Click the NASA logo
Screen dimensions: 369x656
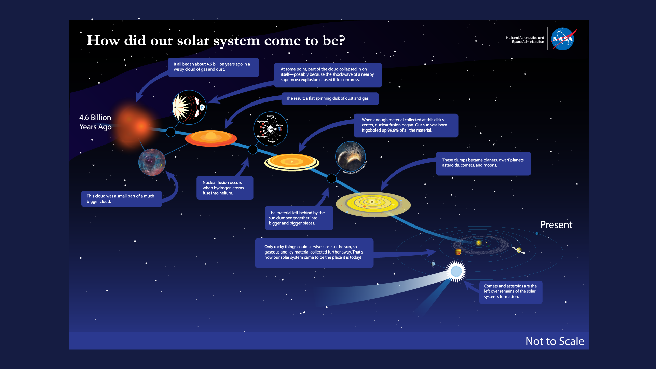coord(563,39)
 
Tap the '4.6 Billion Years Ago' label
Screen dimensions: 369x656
coord(95,122)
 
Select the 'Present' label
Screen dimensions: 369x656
coord(556,225)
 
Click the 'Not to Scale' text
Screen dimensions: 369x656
coord(555,341)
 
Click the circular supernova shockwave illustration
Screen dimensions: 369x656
coord(189,107)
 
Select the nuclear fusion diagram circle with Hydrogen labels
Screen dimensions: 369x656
coord(270,129)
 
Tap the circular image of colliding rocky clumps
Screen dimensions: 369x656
coord(350,156)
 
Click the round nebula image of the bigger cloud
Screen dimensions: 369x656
coord(152,162)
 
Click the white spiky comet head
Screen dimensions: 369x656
coord(456,271)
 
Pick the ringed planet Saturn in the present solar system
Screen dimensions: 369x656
coord(519,250)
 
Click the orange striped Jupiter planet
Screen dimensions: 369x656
coord(458,252)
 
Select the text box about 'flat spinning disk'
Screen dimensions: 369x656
coord(330,98)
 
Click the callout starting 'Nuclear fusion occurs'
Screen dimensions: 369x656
coord(224,188)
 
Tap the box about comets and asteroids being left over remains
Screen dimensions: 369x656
coord(510,291)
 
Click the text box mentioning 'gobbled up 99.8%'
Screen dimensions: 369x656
coord(406,125)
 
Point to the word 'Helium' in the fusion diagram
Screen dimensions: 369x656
coord(279,125)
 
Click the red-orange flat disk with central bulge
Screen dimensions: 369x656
coord(211,138)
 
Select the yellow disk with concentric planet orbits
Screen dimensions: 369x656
coord(373,204)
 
